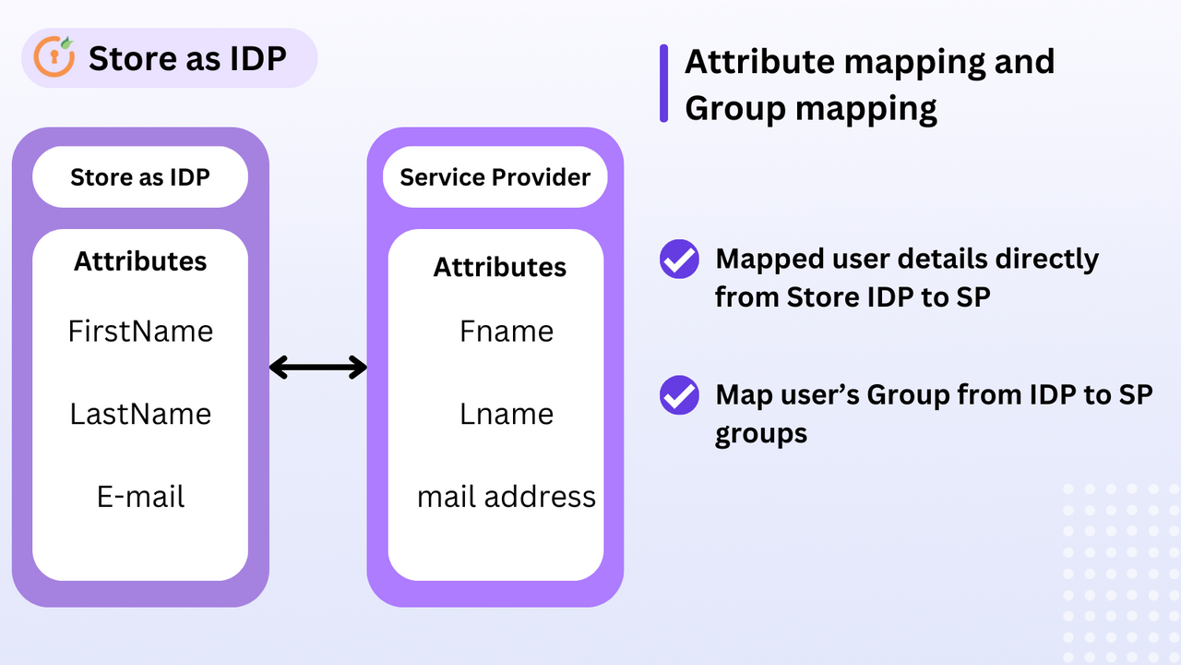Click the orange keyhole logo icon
(x=54, y=57)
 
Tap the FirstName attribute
(x=140, y=331)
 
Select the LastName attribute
(x=140, y=414)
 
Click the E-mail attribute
(x=140, y=497)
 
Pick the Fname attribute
(x=507, y=331)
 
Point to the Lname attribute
(x=507, y=414)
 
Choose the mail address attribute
(x=507, y=497)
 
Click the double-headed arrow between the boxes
(x=318, y=368)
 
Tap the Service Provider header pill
(x=495, y=176)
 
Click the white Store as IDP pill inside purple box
(x=140, y=176)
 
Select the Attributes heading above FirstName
(x=140, y=260)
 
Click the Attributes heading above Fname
(x=500, y=267)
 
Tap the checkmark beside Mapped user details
(x=679, y=260)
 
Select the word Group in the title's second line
(x=734, y=108)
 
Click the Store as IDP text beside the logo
(x=187, y=58)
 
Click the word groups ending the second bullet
(x=761, y=432)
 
